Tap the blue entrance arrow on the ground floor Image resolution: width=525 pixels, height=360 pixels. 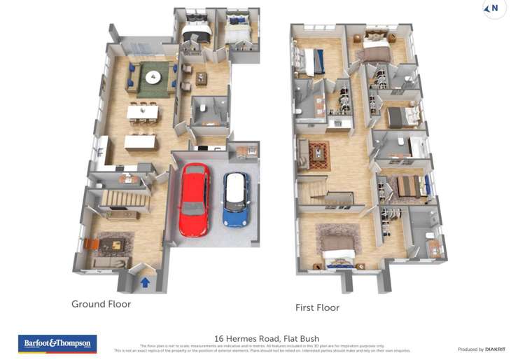(x=146, y=283)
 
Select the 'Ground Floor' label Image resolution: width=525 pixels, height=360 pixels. (x=101, y=304)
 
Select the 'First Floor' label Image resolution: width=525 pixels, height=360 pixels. (x=318, y=307)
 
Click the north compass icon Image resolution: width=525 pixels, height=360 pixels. (x=494, y=9)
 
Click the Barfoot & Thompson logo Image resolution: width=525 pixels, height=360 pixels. (x=57, y=344)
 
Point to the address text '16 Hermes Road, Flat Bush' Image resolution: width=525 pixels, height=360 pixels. (x=266, y=338)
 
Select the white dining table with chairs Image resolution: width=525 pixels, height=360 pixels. (x=142, y=111)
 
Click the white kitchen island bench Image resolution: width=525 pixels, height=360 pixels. (x=140, y=142)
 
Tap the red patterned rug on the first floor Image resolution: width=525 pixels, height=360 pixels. (x=318, y=154)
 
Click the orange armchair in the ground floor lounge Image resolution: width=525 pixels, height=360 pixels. (x=91, y=244)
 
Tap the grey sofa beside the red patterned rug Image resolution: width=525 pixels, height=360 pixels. (x=302, y=155)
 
